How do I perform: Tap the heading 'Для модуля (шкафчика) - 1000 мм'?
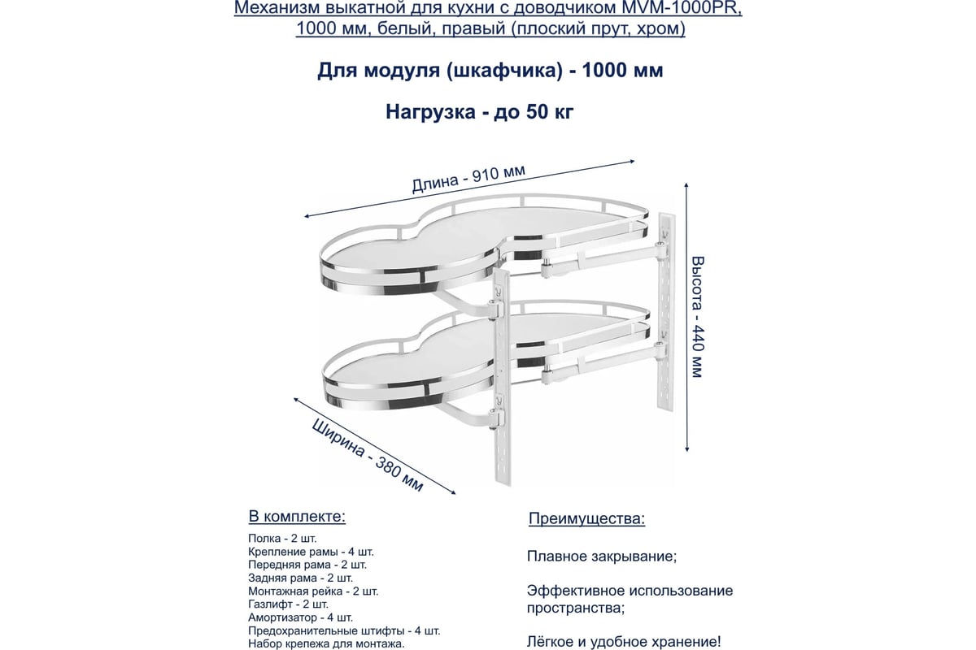click(x=490, y=71)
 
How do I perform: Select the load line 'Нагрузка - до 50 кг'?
click(x=480, y=111)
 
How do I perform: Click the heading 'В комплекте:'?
click(x=296, y=517)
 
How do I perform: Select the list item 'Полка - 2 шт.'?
click(x=282, y=538)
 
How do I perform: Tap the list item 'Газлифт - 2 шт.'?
click(x=289, y=604)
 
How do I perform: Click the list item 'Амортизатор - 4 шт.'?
click(x=300, y=617)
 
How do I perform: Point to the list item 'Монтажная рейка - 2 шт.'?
click(x=313, y=591)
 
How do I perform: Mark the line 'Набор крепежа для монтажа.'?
click(x=326, y=644)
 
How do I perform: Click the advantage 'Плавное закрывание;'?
click(x=602, y=557)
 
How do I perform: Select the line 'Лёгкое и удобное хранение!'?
click(x=624, y=641)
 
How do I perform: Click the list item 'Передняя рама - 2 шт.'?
click(x=307, y=564)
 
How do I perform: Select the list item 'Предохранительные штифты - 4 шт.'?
click(x=344, y=630)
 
